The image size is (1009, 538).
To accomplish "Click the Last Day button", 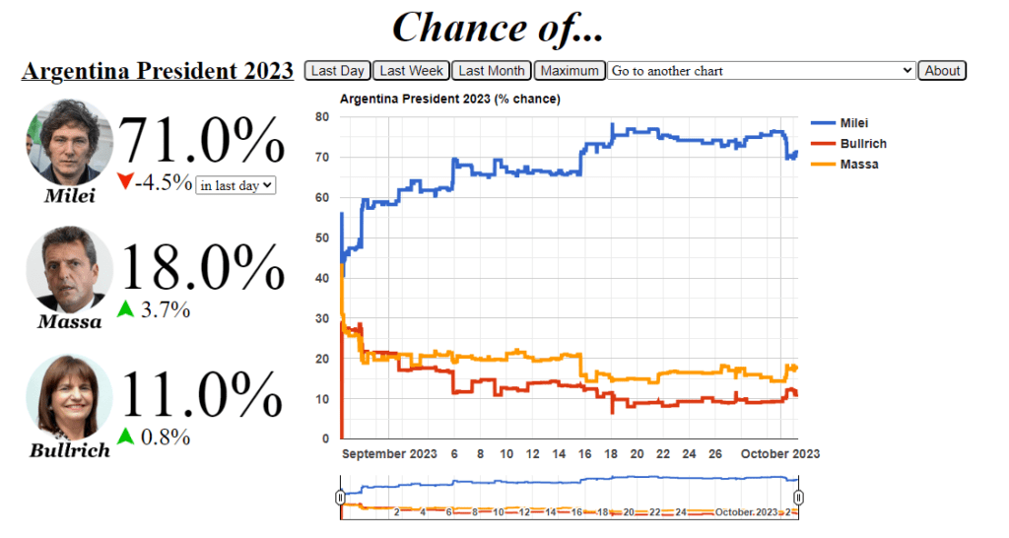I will (338, 71).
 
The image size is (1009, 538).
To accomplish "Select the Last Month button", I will (492, 71).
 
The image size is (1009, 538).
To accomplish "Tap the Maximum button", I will (570, 71).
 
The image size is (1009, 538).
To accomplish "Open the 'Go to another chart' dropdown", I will (762, 71).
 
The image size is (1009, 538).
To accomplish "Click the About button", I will (942, 71).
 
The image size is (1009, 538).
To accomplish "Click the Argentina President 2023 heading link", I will (158, 71).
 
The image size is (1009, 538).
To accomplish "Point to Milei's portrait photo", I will (69, 142).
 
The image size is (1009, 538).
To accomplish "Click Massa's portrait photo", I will (69, 269).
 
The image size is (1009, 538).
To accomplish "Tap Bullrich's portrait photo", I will (69, 397).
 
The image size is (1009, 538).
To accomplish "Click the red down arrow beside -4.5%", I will (124, 182).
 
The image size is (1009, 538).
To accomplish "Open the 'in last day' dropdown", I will (236, 184).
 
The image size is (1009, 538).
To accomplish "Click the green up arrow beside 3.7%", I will (125, 309).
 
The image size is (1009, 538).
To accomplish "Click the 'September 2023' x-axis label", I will (389, 454).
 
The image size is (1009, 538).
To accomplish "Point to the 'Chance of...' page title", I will (498, 28).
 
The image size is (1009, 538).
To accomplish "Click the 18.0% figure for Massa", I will (201, 267).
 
